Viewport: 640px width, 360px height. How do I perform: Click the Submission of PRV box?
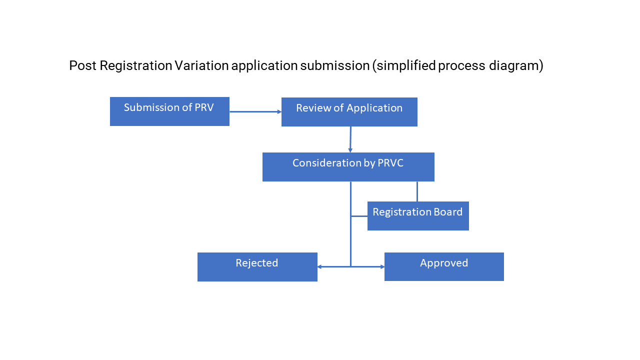pos(169,111)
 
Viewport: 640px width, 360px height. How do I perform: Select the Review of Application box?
pos(349,112)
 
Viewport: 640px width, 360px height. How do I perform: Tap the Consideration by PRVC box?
pos(348,167)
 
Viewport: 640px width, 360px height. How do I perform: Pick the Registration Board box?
pos(418,216)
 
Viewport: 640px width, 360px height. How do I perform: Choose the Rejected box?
pos(257,267)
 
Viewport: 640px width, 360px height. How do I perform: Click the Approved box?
pos(444,267)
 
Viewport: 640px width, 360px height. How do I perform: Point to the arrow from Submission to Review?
pos(255,112)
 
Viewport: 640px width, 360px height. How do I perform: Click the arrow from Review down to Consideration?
pos(350,139)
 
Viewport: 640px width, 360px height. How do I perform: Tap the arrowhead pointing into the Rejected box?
pos(320,267)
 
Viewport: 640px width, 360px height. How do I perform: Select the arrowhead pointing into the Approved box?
pos(381,267)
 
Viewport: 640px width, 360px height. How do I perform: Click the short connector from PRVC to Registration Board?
pos(417,191)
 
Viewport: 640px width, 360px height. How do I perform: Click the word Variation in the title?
pos(201,65)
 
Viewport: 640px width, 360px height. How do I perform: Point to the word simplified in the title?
pos(404,65)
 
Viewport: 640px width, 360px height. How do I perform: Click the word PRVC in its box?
pos(391,163)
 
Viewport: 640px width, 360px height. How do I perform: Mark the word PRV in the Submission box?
pos(203,107)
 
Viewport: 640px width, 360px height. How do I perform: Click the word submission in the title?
pos(334,65)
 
